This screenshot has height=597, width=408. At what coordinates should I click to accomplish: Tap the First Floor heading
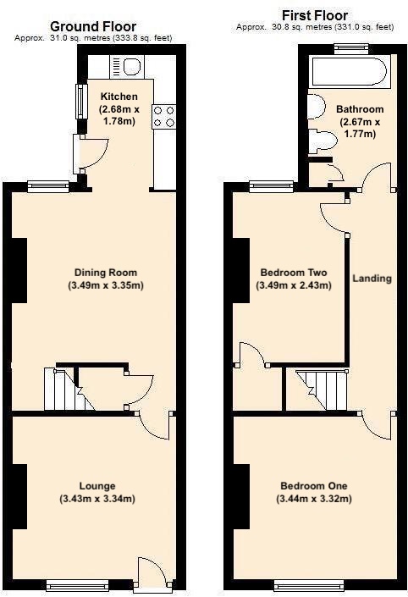tap(314, 15)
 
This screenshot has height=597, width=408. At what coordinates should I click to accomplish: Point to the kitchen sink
tap(131, 65)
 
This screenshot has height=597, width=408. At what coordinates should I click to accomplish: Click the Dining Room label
tap(106, 273)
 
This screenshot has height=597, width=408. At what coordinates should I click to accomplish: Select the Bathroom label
tap(360, 109)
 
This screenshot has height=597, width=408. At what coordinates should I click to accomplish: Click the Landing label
tap(372, 279)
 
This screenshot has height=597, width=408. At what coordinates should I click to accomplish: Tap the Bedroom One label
tap(315, 486)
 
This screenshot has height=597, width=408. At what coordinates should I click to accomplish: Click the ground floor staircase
tap(61, 391)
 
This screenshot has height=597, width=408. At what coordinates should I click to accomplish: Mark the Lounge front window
tap(78, 583)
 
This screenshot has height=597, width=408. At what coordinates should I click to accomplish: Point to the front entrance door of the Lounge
tap(149, 573)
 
